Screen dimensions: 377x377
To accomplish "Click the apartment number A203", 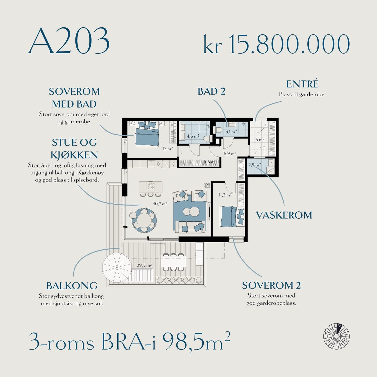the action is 69,40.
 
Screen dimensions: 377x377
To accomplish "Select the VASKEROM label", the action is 284,215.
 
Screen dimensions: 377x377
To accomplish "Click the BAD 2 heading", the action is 211,91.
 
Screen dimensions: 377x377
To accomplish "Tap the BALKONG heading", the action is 72,286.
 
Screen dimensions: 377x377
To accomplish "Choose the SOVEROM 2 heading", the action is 271,285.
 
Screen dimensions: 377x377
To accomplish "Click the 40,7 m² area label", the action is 160,204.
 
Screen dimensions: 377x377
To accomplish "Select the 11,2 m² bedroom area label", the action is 225,195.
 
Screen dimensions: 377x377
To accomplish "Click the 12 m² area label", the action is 167,149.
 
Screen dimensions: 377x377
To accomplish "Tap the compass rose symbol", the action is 336,336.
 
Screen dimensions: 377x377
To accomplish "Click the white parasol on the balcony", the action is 117,268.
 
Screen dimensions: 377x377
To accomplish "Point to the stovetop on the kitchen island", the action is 151,185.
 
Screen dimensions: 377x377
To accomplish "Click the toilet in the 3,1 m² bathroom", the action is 218,130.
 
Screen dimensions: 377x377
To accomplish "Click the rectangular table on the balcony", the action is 173,262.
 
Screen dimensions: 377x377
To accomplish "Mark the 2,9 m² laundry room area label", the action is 255,165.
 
